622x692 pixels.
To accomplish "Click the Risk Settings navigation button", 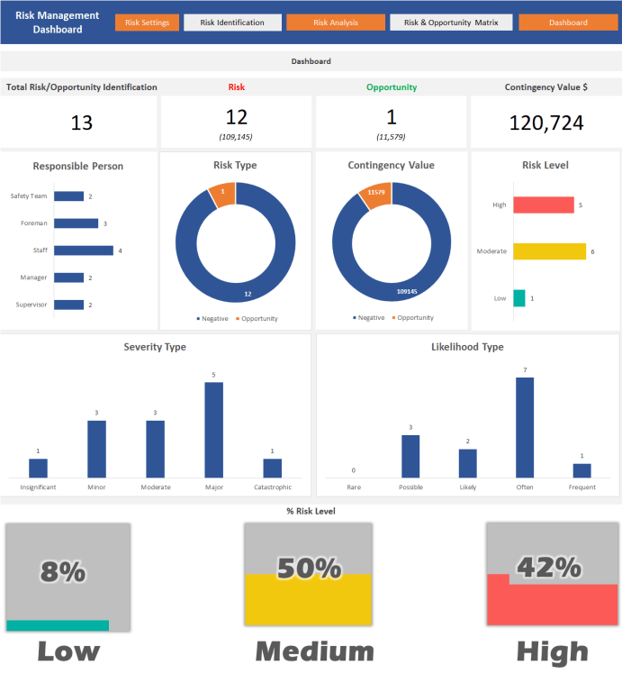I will (x=148, y=23).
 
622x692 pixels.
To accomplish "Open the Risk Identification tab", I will (x=232, y=23).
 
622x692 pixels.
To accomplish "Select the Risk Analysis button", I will (x=336, y=23).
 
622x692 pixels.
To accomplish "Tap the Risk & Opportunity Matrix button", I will (x=451, y=23).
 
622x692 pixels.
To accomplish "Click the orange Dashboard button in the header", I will (x=567, y=23).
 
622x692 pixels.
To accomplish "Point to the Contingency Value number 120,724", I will (x=546, y=123).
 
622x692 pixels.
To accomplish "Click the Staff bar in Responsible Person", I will (x=84, y=250).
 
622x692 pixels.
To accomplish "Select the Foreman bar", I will (x=77, y=223).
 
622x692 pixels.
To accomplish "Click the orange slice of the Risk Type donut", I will (x=222, y=193).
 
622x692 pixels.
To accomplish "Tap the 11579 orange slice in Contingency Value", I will (x=376, y=194).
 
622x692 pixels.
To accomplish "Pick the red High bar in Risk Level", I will (x=544, y=205).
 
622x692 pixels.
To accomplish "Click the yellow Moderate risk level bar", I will (x=550, y=251).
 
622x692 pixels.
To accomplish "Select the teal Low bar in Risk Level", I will (x=519, y=297).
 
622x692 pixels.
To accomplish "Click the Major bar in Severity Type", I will (x=213, y=430).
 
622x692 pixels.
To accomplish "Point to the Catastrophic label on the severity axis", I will (x=272, y=487).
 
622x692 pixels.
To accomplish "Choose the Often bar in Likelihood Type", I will (x=525, y=427).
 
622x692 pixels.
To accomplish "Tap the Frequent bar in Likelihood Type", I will (x=582, y=470).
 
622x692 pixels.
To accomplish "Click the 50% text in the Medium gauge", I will (x=308, y=569).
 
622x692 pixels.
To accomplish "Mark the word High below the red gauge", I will (x=552, y=651).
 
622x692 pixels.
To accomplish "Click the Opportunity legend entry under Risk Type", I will (x=260, y=318).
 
